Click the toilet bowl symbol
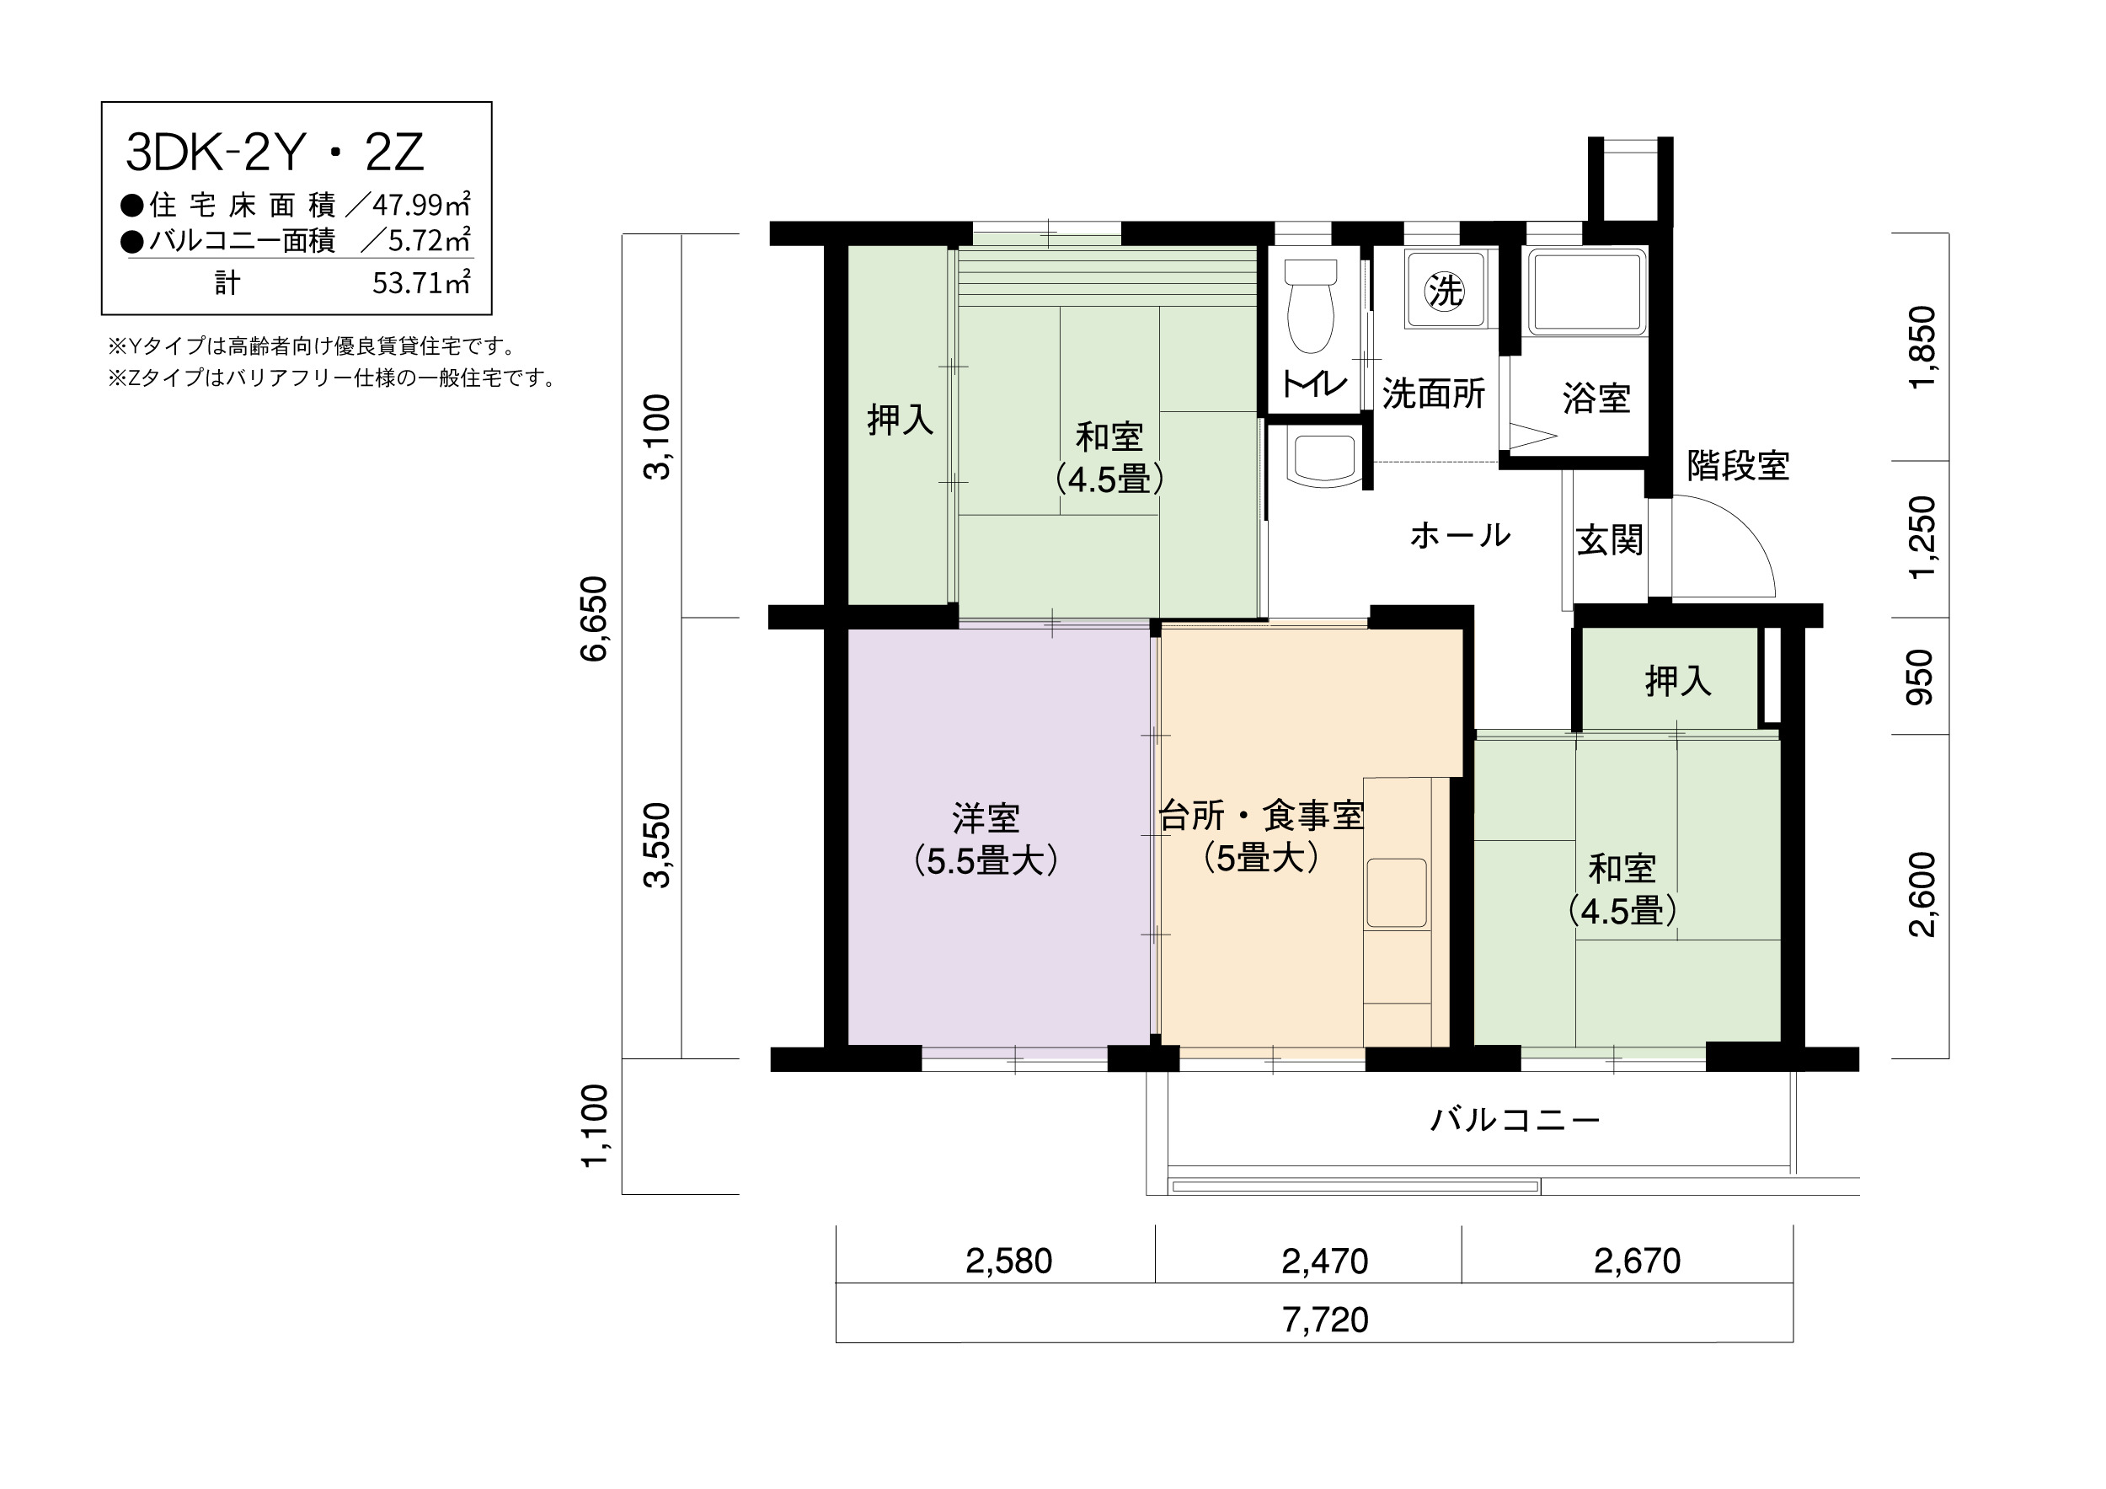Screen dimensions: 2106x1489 coord(1311,307)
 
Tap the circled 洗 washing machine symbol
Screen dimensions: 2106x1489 coord(1445,291)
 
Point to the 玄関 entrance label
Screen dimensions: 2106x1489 coord(1610,540)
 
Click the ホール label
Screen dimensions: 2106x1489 coord(1460,535)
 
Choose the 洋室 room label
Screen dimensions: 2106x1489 coord(986,817)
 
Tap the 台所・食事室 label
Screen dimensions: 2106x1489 coord(1262,815)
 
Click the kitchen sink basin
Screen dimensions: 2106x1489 coord(1397,893)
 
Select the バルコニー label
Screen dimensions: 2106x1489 coord(1515,1120)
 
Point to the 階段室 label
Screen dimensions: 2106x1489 coord(1738,466)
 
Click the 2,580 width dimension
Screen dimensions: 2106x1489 coord(1009,1261)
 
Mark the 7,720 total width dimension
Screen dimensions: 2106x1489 coord(1325,1320)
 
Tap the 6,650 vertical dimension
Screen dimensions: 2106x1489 coord(595,619)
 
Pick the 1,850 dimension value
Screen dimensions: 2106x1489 coord(1922,348)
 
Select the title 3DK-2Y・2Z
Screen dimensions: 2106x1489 coord(275,153)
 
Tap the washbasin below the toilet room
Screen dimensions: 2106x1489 coord(1321,458)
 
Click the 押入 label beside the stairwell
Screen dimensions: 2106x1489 coord(1679,681)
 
